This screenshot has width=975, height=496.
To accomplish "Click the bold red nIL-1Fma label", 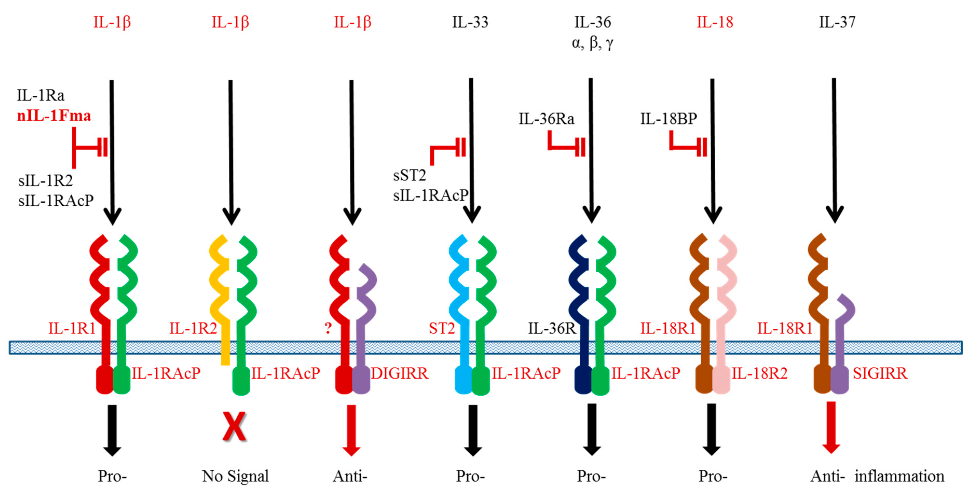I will (x=54, y=115).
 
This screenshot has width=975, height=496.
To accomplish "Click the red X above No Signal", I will (x=234, y=427).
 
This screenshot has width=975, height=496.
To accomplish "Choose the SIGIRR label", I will (x=880, y=373).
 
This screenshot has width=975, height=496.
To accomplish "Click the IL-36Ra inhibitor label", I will (x=546, y=119).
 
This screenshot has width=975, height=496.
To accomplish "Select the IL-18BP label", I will (x=668, y=119).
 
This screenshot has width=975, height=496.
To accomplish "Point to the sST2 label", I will (x=409, y=175).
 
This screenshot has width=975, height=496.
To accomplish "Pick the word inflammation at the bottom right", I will (x=899, y=476).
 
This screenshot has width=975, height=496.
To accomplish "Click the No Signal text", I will (x=235, y=476).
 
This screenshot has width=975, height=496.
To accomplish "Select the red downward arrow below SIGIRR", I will (x=831, y=428).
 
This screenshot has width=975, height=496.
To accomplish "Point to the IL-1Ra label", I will (x=40, y=95).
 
